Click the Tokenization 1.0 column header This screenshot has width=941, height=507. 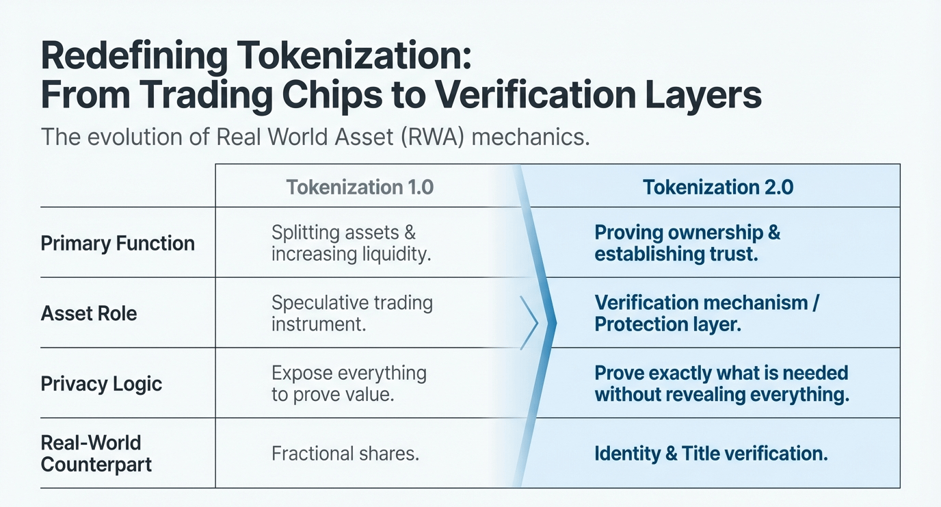click(360, 187)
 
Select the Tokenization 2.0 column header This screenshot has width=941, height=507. click(718, 187)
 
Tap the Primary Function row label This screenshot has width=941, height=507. click(118, 243)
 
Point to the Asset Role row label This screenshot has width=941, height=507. click(89, 313)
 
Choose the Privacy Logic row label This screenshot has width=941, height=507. click(101, 383)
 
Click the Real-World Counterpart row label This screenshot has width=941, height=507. click(96, 453)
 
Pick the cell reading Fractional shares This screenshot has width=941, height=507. click(345, 453)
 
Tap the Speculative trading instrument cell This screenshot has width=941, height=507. click(352, 313)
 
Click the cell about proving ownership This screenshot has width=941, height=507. click(687, 243)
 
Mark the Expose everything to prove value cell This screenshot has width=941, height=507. click(349, 383)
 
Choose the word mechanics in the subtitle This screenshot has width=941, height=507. click(530, 136)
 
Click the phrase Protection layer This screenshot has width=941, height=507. click(667, 324)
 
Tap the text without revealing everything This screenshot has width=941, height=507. click(721, 394)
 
